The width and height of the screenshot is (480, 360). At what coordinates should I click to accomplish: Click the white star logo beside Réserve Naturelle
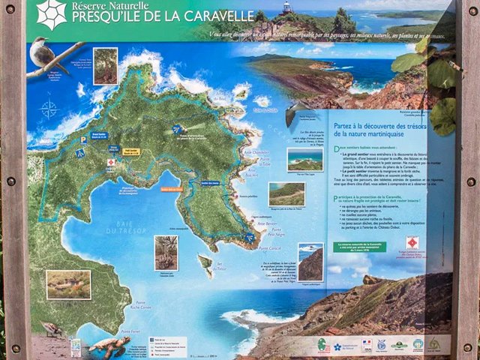[x=52, y=14]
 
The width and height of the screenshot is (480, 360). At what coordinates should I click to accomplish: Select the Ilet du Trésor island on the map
[x=204, y=263]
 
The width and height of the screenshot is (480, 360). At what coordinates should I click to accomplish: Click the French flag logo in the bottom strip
[x=367, y=344]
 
